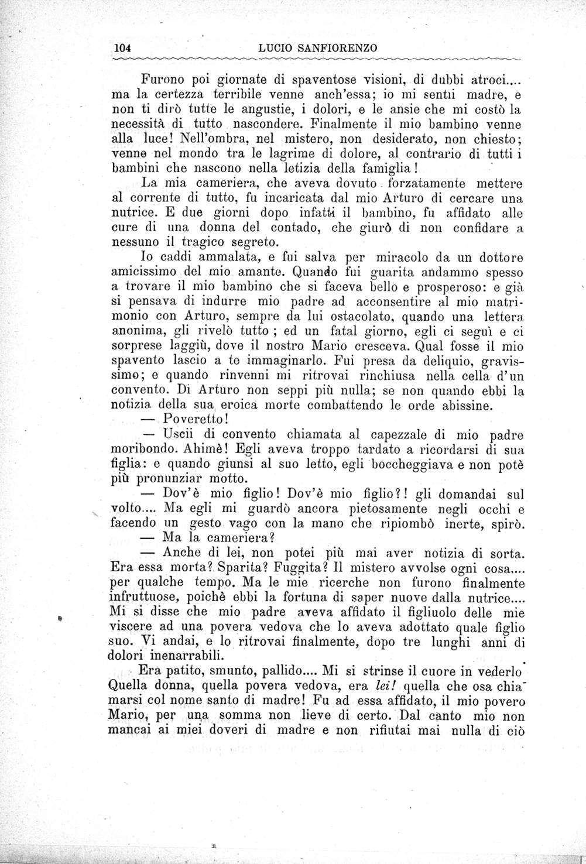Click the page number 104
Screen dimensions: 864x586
tap(124, 48)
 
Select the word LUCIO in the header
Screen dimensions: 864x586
tap(273, 48)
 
